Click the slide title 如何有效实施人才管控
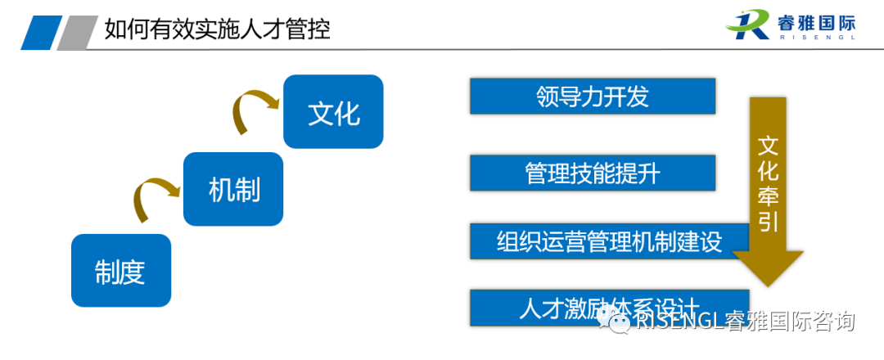pyautogui.click(x=218, y=31)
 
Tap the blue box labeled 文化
pyautogui.click(x=333, y=111)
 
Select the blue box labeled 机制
pyautogui.click(x=233, y=189)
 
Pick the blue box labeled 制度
pyautogui.click(x=121, y=271)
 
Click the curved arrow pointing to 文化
pyautogui.click(x=253, y=109)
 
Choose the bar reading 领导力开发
pyautogui.click(x=593, y=97)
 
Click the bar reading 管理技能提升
pyautogui.click(x=593, y=173)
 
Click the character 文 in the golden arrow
pyautogui.click(x=768, y=147)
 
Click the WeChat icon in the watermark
pyautogui.click(x=615, y=322)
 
